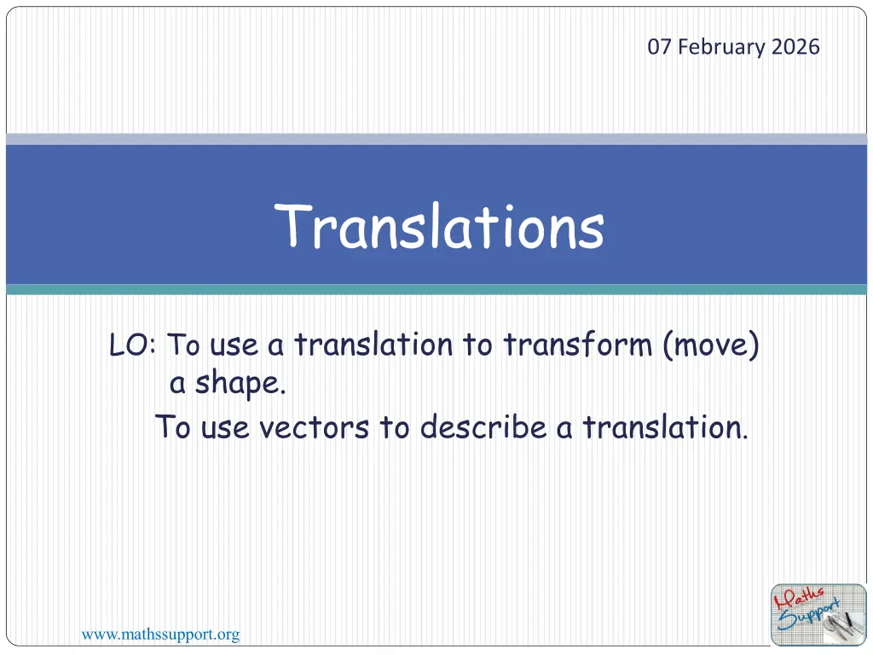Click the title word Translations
click(x=439, y=226)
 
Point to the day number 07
click(x=659, y=47)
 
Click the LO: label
click(x=132, y=345)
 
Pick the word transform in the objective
click(x=578, y=345)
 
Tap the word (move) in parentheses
click(x=711, y=345)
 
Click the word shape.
click(x=240, y=384)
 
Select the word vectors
click(x=314, y=428)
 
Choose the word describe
click(x=483, y=427)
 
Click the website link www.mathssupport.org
click(x=160, y=635)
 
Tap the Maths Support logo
click(x=818, y=614)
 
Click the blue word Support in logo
click(x=808, y=615)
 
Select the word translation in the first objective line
click(x=373, y=345)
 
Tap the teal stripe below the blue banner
click(x=436, y=290)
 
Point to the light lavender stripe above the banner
click(x=436, y=139)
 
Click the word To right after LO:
click(x=183, y=345)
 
